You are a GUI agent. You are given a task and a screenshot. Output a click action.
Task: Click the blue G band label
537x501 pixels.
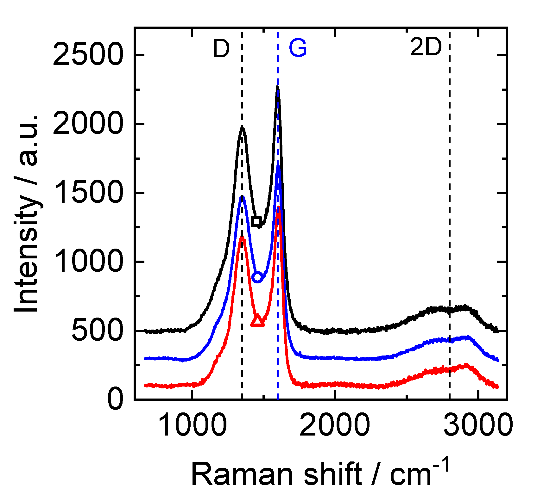click(x=298, y=48)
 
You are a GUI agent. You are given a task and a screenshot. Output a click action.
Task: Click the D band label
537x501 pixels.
click(x=221, y=49)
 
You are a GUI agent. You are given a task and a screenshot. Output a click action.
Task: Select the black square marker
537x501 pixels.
click(x=256, y=221)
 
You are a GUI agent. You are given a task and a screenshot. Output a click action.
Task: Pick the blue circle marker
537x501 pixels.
click(x=257, y=277)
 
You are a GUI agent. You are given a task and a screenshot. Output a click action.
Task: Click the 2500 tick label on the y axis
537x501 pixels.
click(x=88, y=55)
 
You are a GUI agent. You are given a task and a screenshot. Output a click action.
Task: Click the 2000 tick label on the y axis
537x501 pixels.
click(x=88, y=124)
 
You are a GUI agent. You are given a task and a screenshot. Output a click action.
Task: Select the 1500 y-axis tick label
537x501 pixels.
click(x=88, y=193)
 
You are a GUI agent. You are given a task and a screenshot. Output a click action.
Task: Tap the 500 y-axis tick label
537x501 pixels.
click(x=97, y=331)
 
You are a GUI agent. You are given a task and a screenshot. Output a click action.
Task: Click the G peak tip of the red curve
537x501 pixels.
click(x=278, y=207)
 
